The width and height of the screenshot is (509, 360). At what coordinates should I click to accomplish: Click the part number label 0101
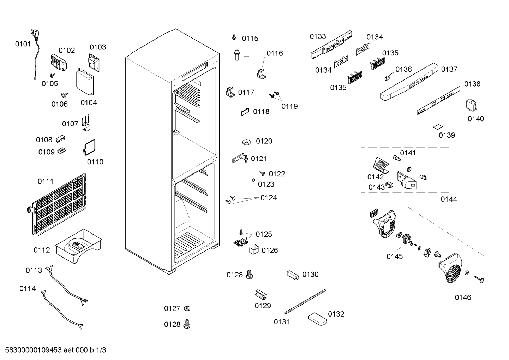(x=23, y=44)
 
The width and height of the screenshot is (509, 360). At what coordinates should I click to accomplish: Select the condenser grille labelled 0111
(x=57, y=204)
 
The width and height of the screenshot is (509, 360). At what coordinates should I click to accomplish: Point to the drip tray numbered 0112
(x=78, y=246)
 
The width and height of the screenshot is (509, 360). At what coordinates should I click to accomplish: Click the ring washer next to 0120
(x=246, y=142)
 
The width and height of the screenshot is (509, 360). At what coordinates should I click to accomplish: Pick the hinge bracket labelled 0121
(x=240, y=158)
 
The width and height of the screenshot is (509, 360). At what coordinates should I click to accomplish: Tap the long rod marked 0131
(x=305, y=302)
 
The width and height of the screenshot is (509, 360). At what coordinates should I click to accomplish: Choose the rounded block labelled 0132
(x=317, y=319)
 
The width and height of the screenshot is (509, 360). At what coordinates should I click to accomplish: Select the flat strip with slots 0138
(x=438, y=101)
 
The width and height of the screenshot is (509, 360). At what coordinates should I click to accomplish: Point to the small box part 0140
(x=471, y=105)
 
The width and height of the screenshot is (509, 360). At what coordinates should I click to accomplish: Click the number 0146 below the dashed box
(x=463, y=297)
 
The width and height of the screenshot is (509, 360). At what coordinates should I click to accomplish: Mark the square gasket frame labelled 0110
(x=89, y=147)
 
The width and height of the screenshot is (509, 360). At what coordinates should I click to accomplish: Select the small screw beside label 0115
(x=234, y=37)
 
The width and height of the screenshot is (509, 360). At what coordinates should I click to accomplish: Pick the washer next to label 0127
(x=187, y=308)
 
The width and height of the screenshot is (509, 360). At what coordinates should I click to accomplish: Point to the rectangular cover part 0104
(x=85, y=81)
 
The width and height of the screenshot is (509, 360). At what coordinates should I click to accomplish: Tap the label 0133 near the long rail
(x=318, y=36)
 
